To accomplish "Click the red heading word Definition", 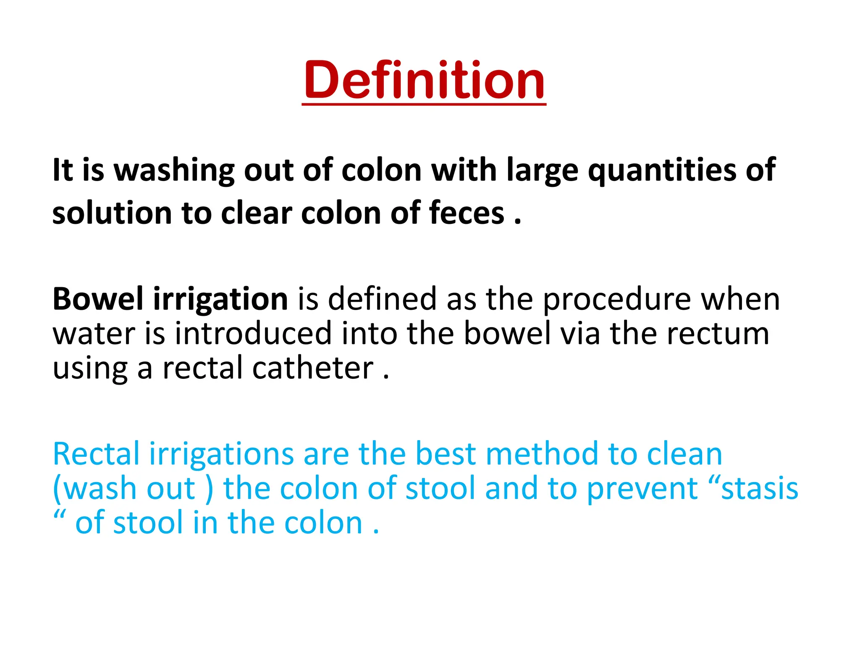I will (x=424, y=80).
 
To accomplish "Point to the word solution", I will (x=112, y=213).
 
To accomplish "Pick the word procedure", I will (x=617, y=299).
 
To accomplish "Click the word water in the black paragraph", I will (x=94, y=333).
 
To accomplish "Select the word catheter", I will (x=313, y=368).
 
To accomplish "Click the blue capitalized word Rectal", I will (x=96, y=454).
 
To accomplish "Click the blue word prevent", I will (x=642, y=488).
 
